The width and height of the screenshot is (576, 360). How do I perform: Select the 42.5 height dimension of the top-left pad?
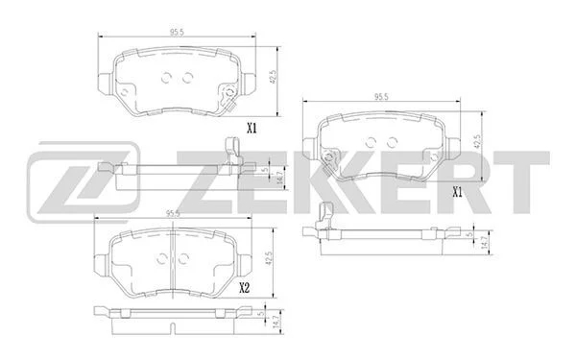pyautogui.click(x=273, y=78)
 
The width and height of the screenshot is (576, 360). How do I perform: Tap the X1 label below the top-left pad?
pyautogui.click(x=252, y=129)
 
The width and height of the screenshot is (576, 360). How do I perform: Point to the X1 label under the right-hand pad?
pyautogui.click(x=457, y=192)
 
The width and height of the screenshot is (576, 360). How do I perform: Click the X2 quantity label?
pyautogui.click(x=244, y=288)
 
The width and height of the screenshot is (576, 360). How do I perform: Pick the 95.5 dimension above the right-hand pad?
pyautogui.click(x=381, y=97)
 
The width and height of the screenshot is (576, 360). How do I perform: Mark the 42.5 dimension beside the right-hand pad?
pyautogui.click(x=477, y=141)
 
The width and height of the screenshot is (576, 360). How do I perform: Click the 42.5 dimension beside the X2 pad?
pyautogui.click(x=269, y=258)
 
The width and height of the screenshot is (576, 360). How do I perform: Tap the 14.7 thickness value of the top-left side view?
pyautogui.click(x=280, y=178)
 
